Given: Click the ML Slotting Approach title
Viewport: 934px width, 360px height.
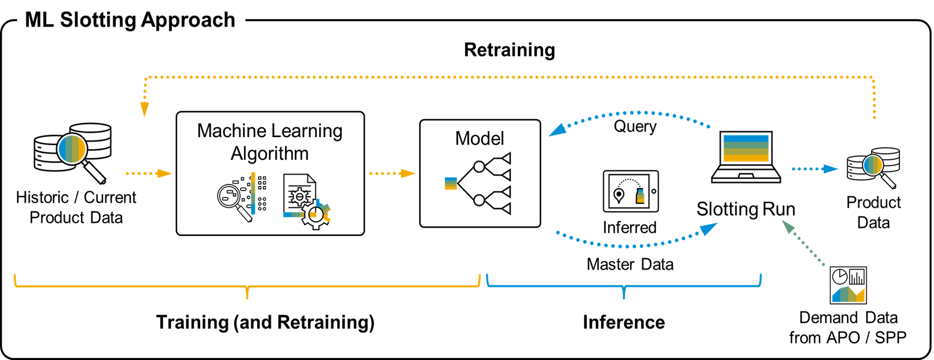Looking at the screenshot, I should (x=130, y=20).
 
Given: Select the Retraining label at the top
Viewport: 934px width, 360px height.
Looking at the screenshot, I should (x=509, y=50).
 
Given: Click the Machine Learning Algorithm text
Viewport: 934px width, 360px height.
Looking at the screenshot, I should (x=269, y=142).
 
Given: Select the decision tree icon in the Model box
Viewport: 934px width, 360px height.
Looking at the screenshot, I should (x=479, y=183).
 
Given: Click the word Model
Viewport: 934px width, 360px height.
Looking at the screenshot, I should (x=479, y=139).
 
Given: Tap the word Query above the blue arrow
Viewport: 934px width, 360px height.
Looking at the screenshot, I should (x=635, y=126).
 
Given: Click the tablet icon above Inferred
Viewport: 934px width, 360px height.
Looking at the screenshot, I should (x=630, y=191).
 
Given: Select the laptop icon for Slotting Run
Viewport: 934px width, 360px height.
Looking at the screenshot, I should (x=746, y=157).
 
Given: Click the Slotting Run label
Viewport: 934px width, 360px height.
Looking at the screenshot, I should (x=745, y=209).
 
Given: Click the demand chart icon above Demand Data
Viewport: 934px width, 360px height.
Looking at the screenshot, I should (x=848, y=285).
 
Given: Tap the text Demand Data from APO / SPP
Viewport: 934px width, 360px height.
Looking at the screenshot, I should (x=848, y=327).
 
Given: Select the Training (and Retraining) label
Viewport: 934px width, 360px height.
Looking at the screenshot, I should (x=266, y=322).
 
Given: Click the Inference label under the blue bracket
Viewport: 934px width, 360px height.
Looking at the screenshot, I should (x=623, y=322).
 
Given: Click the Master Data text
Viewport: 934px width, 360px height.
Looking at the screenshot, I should (x=630, y=265).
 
